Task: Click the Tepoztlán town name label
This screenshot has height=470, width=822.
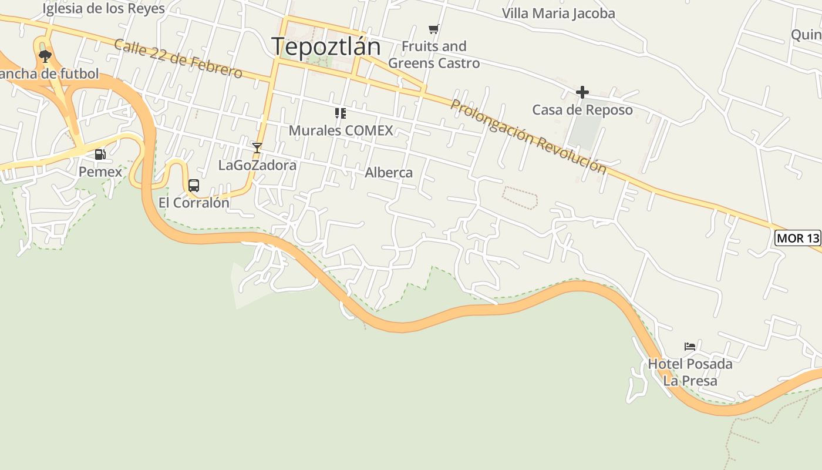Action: tap(326, 46)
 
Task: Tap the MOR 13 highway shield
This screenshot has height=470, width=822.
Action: tap(798, 238)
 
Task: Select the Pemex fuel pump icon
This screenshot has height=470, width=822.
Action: tap(100, 155)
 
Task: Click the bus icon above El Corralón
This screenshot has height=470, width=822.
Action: tap(194, 186)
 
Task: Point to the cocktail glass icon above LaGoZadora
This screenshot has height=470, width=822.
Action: tap(257, 147)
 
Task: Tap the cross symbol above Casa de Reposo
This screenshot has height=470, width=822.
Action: tap(582, 92)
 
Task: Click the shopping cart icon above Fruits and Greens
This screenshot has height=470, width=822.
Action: tap(434, 29)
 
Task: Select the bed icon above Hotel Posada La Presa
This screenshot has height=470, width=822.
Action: tap(690, 347)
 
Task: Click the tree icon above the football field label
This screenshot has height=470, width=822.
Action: tap(45, 56)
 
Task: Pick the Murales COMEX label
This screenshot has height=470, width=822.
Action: tap(341, 130)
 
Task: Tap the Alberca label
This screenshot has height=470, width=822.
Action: tap(389, 173)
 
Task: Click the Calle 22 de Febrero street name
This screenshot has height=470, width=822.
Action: tap(178, 59)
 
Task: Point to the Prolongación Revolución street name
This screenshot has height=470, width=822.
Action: tap(528, 136)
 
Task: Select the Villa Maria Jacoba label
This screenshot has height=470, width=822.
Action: tap(558, 14)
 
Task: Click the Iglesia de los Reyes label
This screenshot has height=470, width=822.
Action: tap(104, 9)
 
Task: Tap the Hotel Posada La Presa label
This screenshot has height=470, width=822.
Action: tap(690, 372)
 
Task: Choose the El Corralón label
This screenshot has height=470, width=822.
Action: tap(194, 203)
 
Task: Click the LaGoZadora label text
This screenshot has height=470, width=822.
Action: tap(257, 165)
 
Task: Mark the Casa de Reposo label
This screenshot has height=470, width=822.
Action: tap(582, 110)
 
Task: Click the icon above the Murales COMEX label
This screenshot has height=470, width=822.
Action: tap(341, 113)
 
